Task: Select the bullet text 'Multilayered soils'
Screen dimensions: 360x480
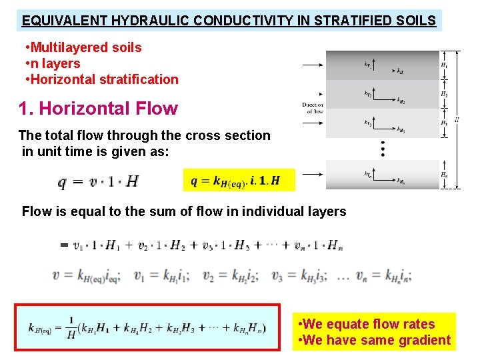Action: [x=86, y=47]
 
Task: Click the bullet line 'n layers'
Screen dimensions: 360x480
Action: [x=56, y=63]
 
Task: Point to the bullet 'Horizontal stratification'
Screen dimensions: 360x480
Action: [x=105, y=79]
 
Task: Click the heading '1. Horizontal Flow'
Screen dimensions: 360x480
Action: [x=98, y=108]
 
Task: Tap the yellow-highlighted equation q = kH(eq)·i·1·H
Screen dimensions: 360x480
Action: [x=235, y=181]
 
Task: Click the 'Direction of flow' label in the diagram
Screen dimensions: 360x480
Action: [x=312, y=108]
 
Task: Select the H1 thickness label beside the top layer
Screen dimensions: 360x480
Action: [x=444, y=65]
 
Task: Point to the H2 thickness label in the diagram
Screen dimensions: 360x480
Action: [x=444, y=95]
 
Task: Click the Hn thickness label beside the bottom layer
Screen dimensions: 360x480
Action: [x=444, y=175]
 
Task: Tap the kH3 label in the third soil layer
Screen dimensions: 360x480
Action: [x=401, y=129]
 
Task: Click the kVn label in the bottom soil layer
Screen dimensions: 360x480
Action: [x=369, y=175]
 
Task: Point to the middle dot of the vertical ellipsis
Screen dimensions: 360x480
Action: [x=383, y=149]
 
